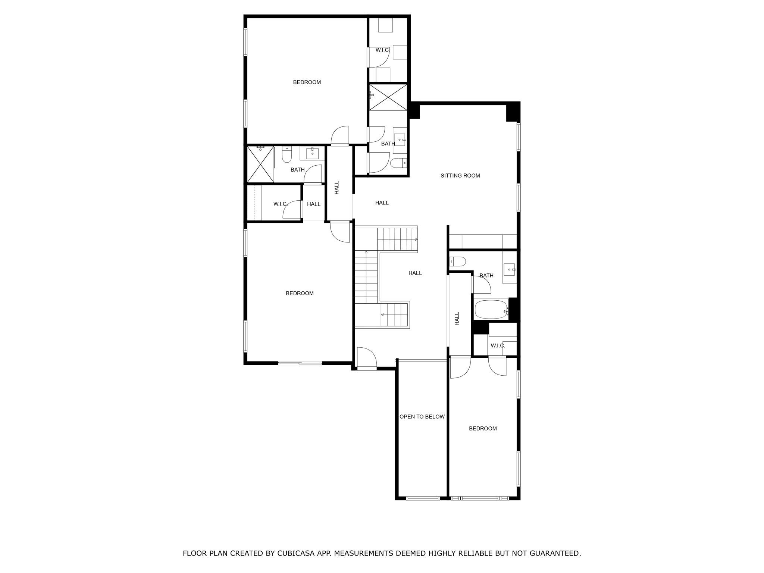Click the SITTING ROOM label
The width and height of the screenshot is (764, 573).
460,175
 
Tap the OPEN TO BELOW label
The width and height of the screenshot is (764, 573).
422,417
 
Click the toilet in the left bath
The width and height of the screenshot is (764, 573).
286,155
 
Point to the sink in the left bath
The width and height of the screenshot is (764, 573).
312,153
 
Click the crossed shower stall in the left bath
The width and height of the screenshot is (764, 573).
261,164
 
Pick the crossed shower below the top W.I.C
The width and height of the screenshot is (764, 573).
388,97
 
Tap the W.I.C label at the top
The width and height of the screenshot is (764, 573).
382,50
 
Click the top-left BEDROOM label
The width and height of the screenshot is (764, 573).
307,82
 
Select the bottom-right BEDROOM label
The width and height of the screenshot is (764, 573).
483,428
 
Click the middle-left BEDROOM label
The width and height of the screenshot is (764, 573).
300,293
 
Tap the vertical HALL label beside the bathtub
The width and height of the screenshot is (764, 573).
457,319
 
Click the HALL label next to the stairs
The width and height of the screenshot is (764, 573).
415,273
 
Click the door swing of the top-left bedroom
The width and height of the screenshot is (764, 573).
340,136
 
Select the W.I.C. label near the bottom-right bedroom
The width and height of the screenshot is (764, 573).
498,345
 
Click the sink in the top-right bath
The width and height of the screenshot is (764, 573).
400,140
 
